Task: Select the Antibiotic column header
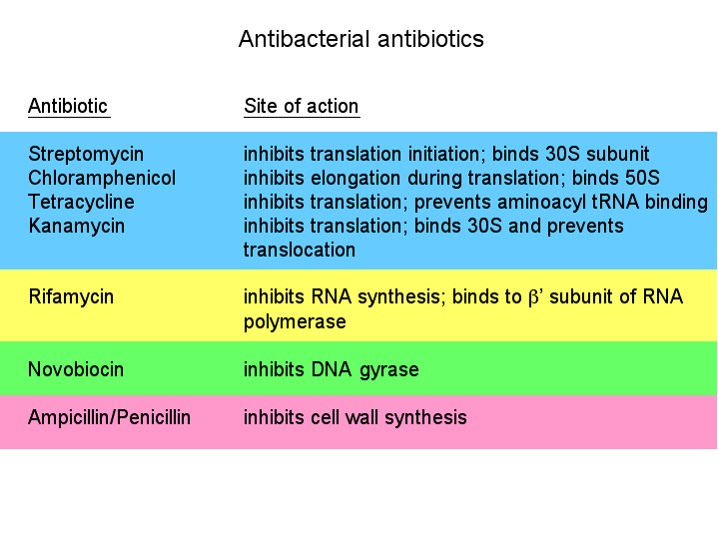pyautogui.click(x=68, y=106)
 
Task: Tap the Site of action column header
pyautogui.click(x=302, y=106)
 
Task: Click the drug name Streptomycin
pyautogui.click(x=86, y=155)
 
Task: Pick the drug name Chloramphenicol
pyautogui.click(x=102, y=178)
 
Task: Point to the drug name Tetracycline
pyautogui.click(x=81, y=202)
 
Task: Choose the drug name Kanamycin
pyautogui.click(x=77, y=227)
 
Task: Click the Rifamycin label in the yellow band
pyautogui.click(x=71, y=297)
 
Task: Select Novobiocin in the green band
pyautogui.click(x=76, y=369)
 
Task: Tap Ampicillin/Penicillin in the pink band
pyautogui.click(x=110, y=417)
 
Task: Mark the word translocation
pyautogui.click(x=300, y=250)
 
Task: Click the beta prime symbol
pyautogui.click(x=534, y=297)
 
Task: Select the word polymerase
pyautogui.click(x=295, y=321)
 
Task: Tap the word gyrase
pyautogui.click(x=389, y=370)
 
